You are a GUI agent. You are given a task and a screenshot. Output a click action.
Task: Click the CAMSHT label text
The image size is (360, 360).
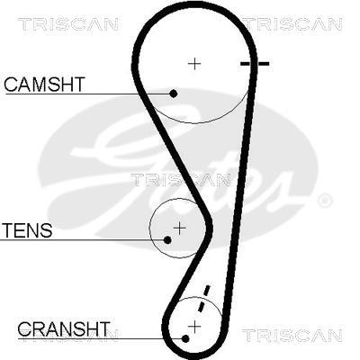click(x=45, y=85)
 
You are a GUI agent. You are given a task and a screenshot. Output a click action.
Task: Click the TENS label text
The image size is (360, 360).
click(x=27, y=230)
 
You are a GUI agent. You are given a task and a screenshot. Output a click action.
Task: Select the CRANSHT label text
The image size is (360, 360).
click(x=64, y=328)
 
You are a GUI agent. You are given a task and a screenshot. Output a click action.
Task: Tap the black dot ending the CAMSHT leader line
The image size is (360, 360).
click(x=173, y=94)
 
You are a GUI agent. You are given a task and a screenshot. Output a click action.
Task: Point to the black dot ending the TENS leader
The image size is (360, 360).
click(x=167, y=240)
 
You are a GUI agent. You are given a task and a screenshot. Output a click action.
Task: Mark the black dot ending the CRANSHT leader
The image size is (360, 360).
click(x=185, y=339)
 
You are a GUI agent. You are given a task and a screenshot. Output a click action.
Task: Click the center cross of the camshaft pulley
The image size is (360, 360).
click(x=194, y=64)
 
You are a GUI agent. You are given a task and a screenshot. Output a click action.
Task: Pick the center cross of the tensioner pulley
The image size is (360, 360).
click(x=179, y=229)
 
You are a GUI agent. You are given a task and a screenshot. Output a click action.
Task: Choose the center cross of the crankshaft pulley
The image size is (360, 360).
click(x=194, y=326)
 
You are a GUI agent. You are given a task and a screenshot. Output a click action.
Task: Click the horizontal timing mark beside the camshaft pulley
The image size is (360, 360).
click(x=255, y=64)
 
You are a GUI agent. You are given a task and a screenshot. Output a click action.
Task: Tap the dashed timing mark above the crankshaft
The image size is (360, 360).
click(x=202, y=299)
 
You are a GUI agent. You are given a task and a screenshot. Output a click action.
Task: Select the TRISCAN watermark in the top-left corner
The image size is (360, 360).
click(x=67, y=24)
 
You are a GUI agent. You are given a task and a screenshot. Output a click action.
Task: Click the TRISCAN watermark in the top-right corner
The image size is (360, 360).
click(x=292, y=24)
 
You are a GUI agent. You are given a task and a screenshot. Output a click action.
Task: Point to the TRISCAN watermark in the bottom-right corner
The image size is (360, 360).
click(x=292, y=336)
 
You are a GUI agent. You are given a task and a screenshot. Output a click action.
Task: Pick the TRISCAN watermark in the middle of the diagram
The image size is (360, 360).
click(x=181, y=180)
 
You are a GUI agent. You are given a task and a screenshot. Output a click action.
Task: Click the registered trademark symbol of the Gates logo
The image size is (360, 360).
click(x=324, y=201)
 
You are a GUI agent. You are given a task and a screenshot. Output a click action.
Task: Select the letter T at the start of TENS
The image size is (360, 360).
click(x=7, y=230)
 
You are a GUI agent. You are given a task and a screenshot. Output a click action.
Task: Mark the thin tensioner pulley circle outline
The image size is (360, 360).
click(x=149, y=229)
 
